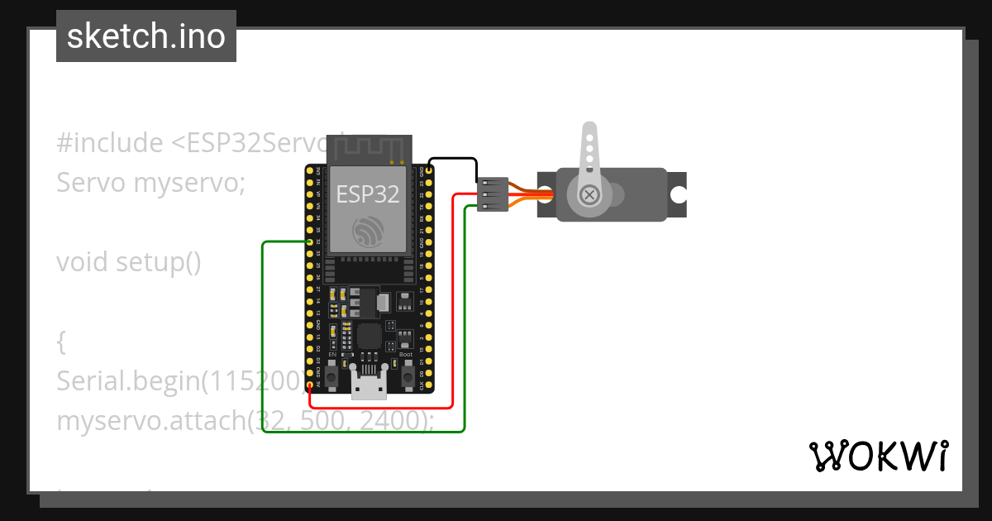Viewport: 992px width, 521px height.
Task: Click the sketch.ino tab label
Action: [146, 36]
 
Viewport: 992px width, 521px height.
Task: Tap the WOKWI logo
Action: [879, 456]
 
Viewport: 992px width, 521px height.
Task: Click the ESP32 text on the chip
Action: [368, 194]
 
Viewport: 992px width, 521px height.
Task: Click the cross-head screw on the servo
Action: [589, 194]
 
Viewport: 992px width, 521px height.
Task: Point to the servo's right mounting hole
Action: [679, 195]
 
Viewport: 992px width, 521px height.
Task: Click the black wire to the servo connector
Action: [453, 159]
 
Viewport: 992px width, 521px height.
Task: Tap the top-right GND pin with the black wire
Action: [428, 170]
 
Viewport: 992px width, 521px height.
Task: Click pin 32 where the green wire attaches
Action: [308, 241]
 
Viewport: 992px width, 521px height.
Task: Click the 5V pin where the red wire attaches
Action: [308, 384]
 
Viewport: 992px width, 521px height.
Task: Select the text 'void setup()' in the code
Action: [129, 262]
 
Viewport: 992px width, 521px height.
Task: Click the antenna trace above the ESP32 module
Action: [368, 149]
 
